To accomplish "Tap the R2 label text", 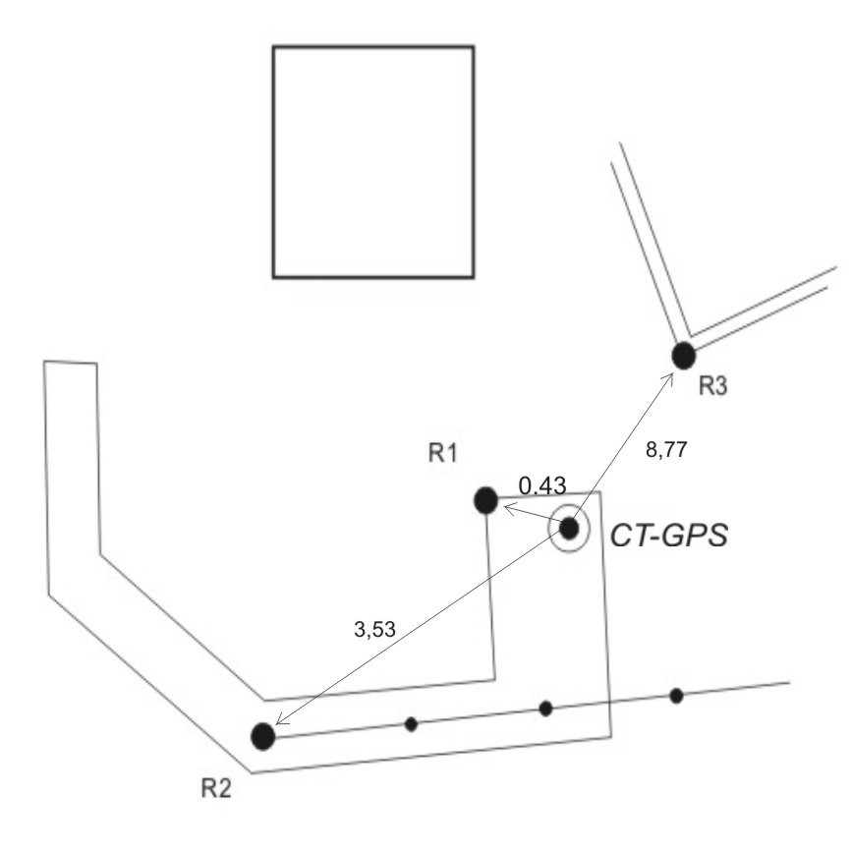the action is pos(218,788).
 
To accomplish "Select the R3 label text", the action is pos(712,386).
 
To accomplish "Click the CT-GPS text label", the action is pos(668,536).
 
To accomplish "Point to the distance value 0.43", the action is pos(542,485).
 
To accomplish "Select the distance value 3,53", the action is pos(373,630).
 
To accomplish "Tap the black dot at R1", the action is pos(485,500).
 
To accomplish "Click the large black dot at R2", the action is pos(262,736).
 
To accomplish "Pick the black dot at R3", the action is pos(683,355).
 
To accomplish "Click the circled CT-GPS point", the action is pos(569,529).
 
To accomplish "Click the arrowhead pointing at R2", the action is pos(280,723).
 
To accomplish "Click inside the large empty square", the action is pos(372,161).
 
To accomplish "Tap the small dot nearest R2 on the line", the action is pos(411,724).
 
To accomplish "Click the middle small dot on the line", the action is pos(545,709).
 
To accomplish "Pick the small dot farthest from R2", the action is pos(676,696).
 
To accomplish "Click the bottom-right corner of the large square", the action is pos(473,276).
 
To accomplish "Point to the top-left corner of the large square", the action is pos(273,47).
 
